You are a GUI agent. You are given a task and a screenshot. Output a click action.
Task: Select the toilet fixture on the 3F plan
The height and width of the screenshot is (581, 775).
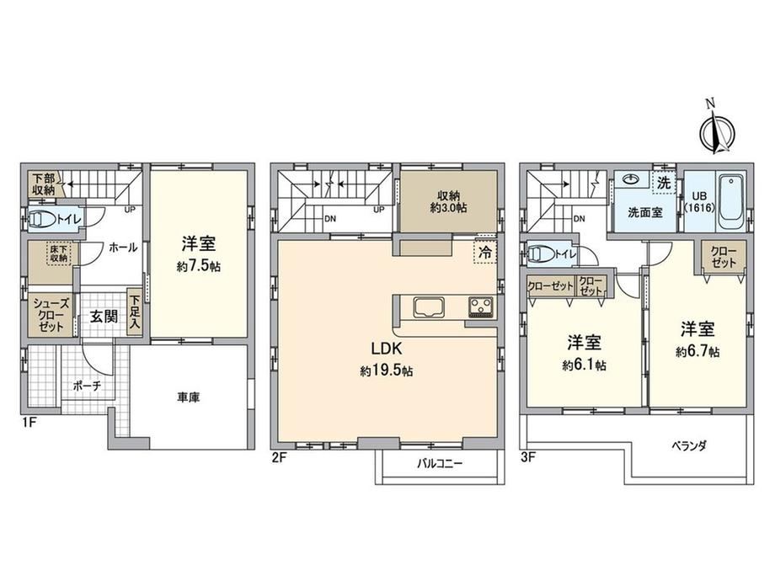tap(541, 255)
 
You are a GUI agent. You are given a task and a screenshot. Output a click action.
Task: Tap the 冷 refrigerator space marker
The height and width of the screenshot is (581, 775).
tap(485, 252)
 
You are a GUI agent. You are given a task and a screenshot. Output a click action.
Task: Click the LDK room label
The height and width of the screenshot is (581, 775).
tap(387, 349)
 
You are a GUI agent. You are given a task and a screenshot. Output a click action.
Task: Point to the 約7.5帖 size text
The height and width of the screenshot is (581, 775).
tap(198, 267)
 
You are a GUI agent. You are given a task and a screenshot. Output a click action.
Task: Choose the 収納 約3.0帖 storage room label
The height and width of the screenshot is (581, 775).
tap(448, 201)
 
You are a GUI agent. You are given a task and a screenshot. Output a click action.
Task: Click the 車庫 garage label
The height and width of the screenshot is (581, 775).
tap(189, 397)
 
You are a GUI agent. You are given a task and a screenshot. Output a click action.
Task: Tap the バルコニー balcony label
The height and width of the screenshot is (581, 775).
tap(440, 464)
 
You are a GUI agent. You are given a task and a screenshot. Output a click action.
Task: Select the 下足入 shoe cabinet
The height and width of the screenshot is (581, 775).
tap(135, 312)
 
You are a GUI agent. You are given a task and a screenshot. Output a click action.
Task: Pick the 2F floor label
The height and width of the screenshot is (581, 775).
tap(280, 457)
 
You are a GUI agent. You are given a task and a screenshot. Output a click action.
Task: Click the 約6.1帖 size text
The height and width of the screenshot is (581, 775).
tap(584, 365)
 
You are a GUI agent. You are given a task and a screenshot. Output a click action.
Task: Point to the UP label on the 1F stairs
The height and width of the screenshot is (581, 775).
tap(130, 210)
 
